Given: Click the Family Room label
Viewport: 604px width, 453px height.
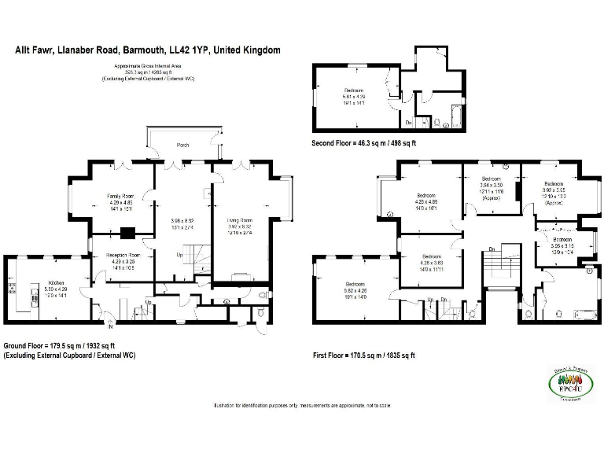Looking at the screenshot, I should (121, 196).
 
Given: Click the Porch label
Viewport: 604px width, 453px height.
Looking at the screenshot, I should (183, 145).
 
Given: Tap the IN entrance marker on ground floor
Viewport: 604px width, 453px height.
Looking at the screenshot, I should (110, 324).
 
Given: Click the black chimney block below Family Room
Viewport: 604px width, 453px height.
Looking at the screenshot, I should (128, 233).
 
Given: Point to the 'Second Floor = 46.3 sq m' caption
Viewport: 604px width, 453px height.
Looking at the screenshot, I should (364, 144).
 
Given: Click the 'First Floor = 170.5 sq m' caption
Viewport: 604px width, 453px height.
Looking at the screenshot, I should (363, 355).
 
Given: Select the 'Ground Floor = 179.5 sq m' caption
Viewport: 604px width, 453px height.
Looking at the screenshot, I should (60, 345).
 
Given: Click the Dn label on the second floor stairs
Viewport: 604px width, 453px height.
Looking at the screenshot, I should (407, 123).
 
